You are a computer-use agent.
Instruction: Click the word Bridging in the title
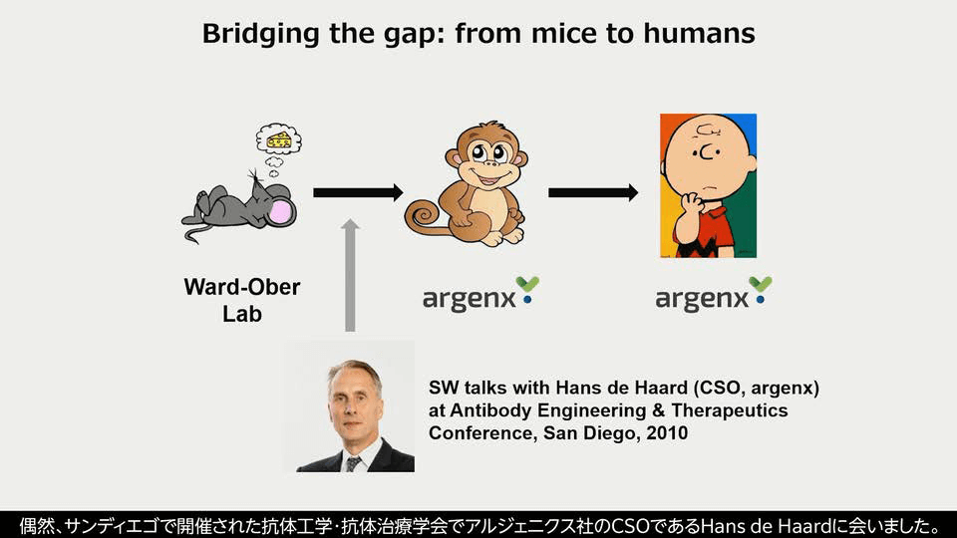point(260,34)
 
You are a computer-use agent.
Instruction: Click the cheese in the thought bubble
point(279,139)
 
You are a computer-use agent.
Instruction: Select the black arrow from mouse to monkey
point(358,192)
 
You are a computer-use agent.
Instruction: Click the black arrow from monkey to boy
point(593,192)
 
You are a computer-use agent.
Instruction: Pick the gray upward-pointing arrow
point(350,275)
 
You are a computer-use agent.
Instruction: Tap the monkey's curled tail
point(424,217)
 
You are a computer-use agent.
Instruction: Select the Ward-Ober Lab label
point(241,300)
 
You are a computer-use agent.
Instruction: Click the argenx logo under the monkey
point(480,294)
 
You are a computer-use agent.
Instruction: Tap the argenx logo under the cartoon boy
point(714,294)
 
